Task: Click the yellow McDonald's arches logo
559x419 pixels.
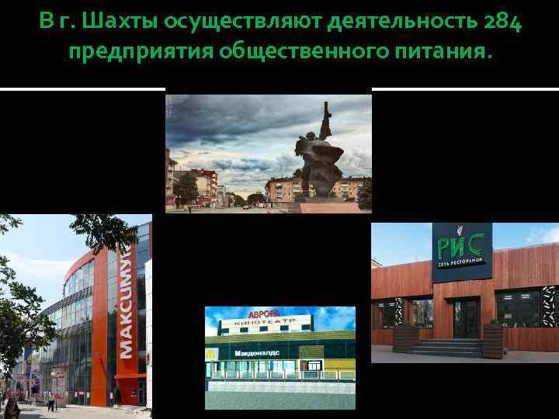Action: coord(210,353)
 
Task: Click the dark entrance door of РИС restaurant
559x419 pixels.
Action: coord(467,318)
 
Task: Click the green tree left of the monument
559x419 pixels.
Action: coord(186,189)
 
